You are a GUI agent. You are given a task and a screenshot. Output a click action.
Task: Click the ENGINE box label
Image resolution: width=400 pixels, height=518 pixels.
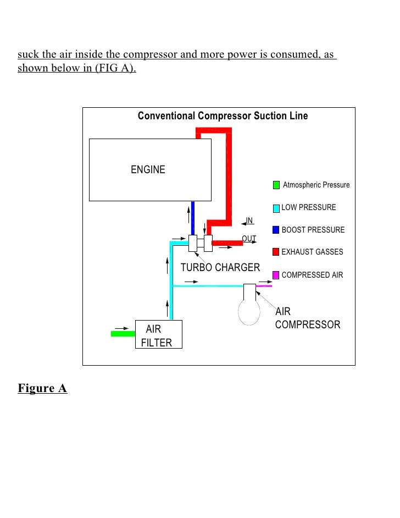(148, 169)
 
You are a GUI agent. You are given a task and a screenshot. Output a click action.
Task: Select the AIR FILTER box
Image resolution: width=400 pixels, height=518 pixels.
(158, 335)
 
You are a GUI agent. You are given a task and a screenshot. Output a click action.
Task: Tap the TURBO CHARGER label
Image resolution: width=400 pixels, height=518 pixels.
(220, 268)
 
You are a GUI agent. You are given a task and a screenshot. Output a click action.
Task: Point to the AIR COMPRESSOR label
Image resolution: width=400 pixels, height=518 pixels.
(307, 318)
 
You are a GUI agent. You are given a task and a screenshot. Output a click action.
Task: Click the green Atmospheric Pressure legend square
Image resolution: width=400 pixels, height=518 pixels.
(276, 185)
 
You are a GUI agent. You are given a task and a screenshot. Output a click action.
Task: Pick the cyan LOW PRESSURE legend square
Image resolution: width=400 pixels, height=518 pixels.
(276, 208)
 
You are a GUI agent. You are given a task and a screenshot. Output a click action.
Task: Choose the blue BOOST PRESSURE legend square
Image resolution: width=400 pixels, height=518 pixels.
(276, 230)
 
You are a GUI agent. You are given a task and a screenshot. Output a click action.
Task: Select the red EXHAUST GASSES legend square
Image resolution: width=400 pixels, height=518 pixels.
(276, 252)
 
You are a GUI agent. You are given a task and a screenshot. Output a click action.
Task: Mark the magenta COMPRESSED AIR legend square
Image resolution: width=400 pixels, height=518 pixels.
(276, 275)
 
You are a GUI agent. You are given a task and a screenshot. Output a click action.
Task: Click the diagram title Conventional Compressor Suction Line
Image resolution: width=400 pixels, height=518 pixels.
(223, 116)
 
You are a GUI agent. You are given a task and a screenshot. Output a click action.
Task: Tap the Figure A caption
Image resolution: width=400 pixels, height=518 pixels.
(42, 389)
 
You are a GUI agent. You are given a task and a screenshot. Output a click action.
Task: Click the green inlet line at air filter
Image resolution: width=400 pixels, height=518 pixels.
(123, 333)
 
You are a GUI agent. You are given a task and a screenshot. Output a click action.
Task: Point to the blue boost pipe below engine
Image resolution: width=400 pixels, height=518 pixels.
(193, 218)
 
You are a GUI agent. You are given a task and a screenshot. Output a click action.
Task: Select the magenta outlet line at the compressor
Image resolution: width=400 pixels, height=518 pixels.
(264, 286)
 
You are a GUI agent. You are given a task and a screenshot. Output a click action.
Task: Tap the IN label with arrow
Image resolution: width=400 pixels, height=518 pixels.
(248, 221)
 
